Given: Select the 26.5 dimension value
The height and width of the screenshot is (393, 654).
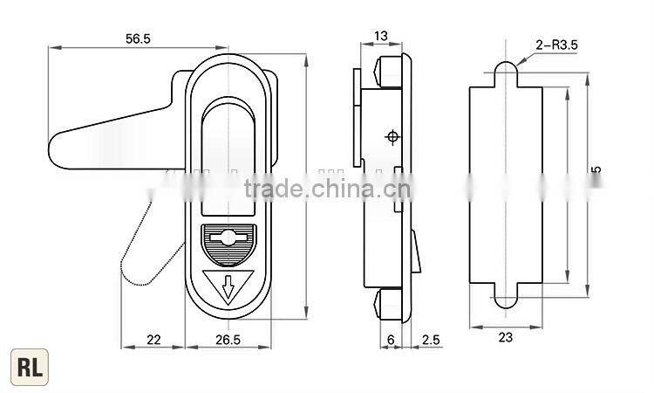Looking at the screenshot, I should (229, 340).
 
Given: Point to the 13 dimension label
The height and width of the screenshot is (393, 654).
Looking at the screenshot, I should (381, 36).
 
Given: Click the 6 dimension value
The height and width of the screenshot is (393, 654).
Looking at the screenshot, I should (390, 340).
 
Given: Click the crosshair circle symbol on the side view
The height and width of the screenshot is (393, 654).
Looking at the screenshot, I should (392, 136).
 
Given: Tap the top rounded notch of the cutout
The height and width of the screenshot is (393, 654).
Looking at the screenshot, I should (506, 73).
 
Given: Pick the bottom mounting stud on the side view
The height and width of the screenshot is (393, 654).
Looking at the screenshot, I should (390, 304).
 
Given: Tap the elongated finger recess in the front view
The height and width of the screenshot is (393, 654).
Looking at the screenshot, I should (229, 153).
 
